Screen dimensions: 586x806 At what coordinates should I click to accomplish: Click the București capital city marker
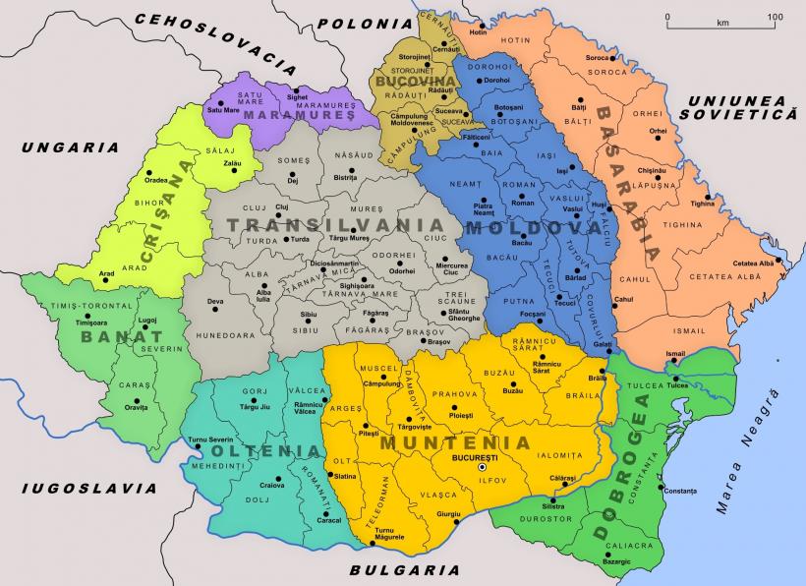click(x=482, y=468)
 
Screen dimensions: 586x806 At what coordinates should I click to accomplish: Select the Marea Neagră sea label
click(x=745, y=450)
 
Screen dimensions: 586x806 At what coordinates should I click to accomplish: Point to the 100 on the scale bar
click(x=775, y=18)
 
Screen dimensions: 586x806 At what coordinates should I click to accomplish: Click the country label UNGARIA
click(x=64, y=147)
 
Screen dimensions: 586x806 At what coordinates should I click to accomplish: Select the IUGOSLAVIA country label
click(x=89, y=487)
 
